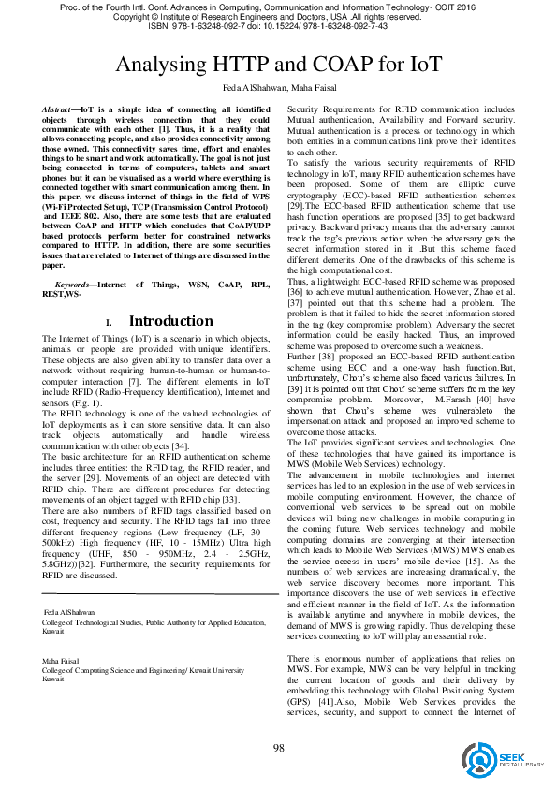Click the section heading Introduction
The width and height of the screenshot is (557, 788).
pos(170,321)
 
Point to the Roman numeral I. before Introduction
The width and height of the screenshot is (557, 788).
pos(108,323)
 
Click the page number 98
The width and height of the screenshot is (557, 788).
pos(278,746)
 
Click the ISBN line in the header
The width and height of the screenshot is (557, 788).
pos(278,27)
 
